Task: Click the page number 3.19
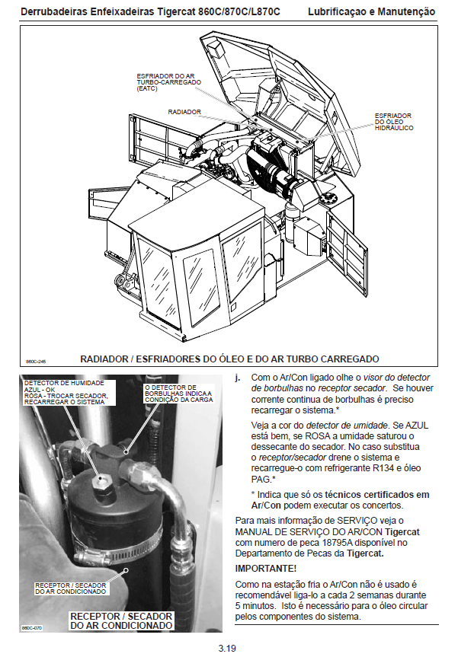(227, 648)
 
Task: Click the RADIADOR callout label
(184, 112)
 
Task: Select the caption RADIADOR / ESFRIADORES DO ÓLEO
(229, 359)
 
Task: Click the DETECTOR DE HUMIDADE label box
(68, 392)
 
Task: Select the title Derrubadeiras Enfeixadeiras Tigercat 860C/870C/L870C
(151, 12)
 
